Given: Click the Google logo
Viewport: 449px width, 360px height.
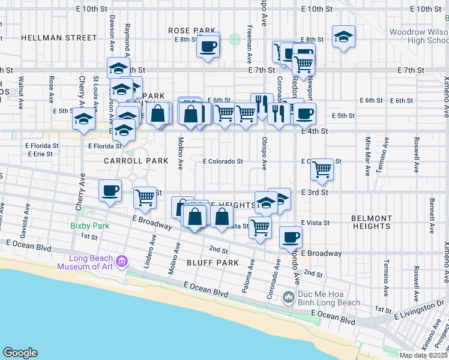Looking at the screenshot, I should [x=20, y=353].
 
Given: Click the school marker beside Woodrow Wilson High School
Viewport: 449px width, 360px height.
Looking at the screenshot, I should [x=343, y=37].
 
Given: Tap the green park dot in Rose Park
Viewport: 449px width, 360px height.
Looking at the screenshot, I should [x=234, y=40].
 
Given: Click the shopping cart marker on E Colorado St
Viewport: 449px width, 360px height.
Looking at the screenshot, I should [x=322, y=170].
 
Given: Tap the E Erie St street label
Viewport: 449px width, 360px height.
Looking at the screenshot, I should [x=40, y=154].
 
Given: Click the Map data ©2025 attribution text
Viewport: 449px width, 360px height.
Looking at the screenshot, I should [x=423, y=355].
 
